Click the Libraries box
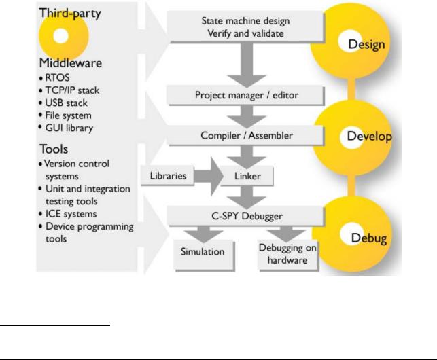point(167,175)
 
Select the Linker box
point(247,176)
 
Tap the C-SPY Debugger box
point(246,216)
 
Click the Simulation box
point(204,255)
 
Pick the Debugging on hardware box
point(288,255)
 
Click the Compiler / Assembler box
point(246,135)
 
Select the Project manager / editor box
point(246,96)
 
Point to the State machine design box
point(246,27)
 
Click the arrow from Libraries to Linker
point(209,176)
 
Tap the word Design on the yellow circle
point(366,45)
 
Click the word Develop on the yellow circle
point(369,137)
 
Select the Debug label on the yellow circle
point(369,238)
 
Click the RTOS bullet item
point(54,77)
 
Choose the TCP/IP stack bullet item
point(69,90)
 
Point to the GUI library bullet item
point(67,128)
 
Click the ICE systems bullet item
point(68,214)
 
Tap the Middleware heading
point(71,63)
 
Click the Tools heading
point(54,149)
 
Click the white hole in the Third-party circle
point(60,36)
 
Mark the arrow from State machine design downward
point(247,65)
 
